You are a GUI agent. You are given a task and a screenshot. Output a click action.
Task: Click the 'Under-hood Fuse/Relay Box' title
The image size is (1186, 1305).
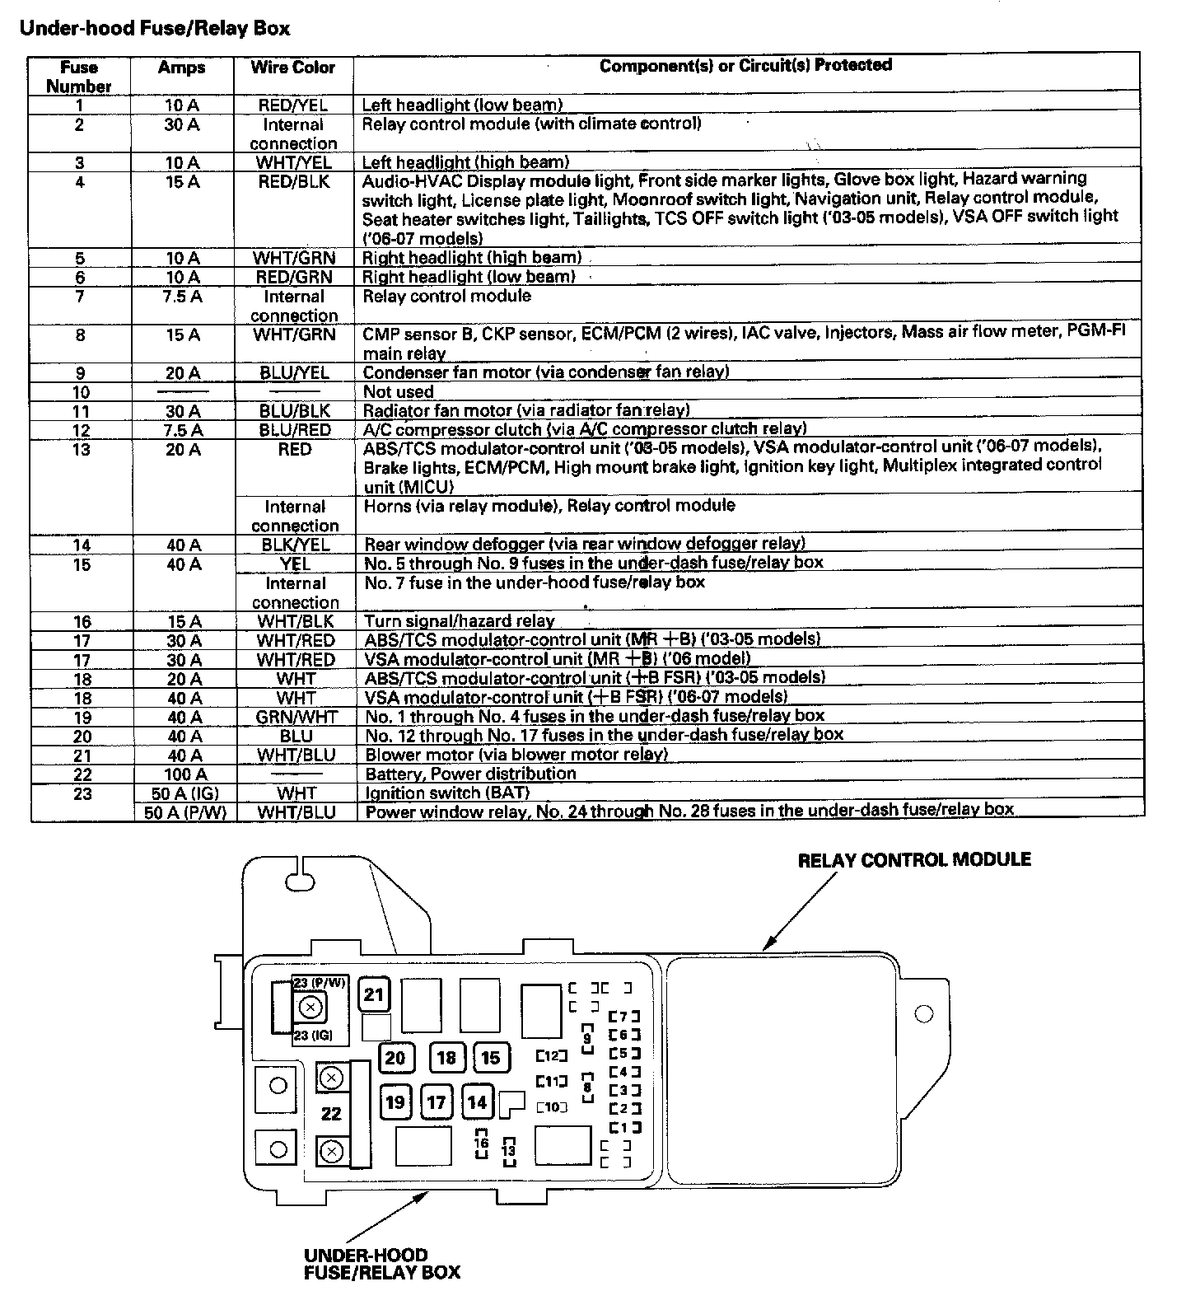point(154,29)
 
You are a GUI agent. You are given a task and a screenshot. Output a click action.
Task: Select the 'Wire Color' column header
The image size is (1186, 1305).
point(293,68)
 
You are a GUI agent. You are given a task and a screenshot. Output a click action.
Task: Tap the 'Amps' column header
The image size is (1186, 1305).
point(181,68)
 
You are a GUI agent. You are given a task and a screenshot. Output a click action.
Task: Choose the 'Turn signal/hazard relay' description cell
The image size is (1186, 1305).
point(460,621)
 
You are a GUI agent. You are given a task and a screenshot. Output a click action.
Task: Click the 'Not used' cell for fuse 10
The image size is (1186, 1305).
point(399,392)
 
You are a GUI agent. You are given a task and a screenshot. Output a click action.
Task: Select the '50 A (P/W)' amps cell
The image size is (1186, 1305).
point(183,812)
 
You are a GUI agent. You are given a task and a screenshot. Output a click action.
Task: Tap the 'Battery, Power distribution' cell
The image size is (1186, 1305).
point(470,774)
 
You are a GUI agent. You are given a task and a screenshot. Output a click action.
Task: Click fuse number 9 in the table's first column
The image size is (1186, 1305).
point(80,373)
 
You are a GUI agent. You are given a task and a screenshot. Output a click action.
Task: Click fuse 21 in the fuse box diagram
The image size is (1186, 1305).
point(374,994)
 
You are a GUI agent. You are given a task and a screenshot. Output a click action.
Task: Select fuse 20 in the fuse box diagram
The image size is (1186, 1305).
point(395,1058)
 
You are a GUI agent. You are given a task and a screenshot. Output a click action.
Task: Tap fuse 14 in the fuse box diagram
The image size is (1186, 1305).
point(478,1102)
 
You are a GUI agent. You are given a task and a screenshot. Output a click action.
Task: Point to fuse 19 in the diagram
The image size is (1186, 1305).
point(395,1102)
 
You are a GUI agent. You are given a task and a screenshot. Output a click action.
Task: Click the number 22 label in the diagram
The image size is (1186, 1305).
point(331,1114)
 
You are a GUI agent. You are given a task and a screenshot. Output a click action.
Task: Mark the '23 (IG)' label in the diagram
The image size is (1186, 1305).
point(313,1036)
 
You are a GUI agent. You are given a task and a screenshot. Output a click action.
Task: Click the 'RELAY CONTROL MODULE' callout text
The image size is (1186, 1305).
point(914,860)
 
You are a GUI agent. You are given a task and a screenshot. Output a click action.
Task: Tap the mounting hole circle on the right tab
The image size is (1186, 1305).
point(924,1013)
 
